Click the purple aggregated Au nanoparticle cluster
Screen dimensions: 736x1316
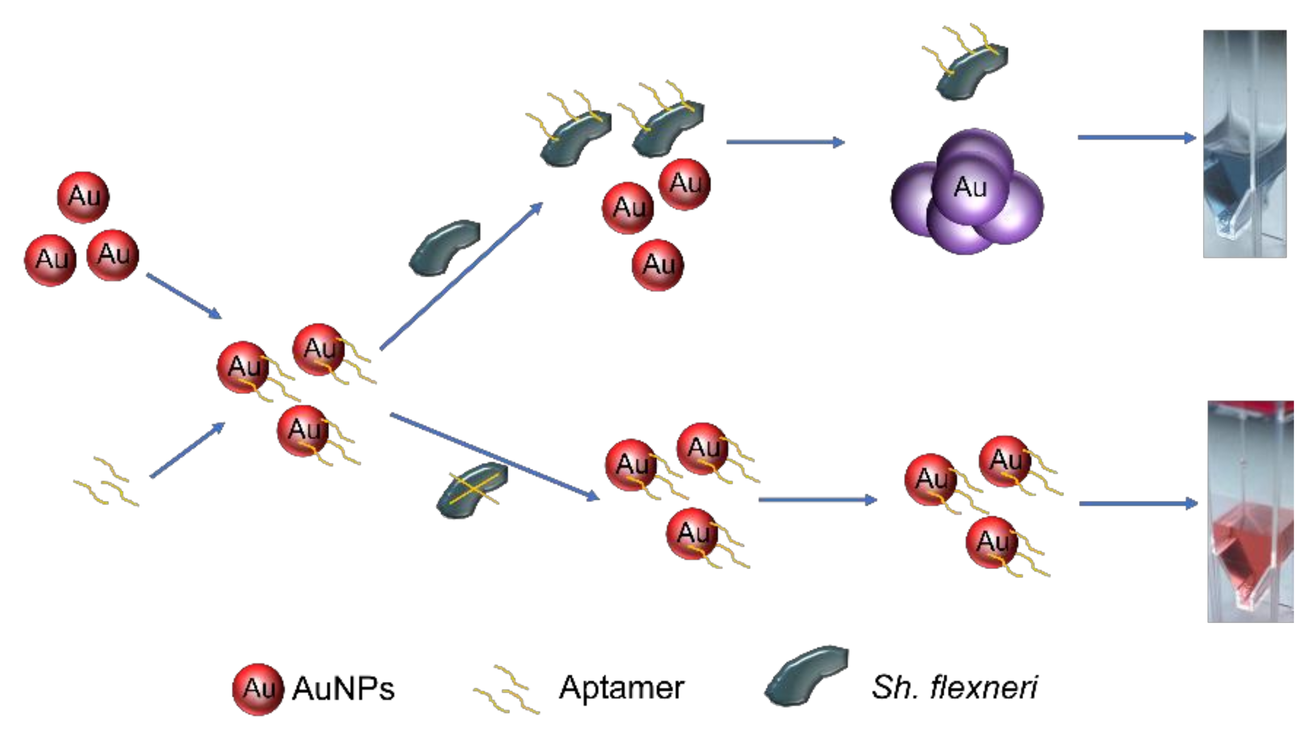point(967,193)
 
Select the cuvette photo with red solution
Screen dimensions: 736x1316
point(1250,511)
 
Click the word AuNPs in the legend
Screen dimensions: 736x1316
point(343,688)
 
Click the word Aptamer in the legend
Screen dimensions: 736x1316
point(621,687)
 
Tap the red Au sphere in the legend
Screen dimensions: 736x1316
point(257,688)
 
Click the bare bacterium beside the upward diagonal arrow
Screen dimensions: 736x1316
point(444,247)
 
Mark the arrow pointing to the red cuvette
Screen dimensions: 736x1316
point(1138,504)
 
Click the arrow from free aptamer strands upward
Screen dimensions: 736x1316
point(187,450)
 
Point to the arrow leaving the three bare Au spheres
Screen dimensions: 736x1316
point(184,296)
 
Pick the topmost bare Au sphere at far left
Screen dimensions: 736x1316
point(83,197)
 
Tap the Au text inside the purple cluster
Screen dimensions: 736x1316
point(970,187)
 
